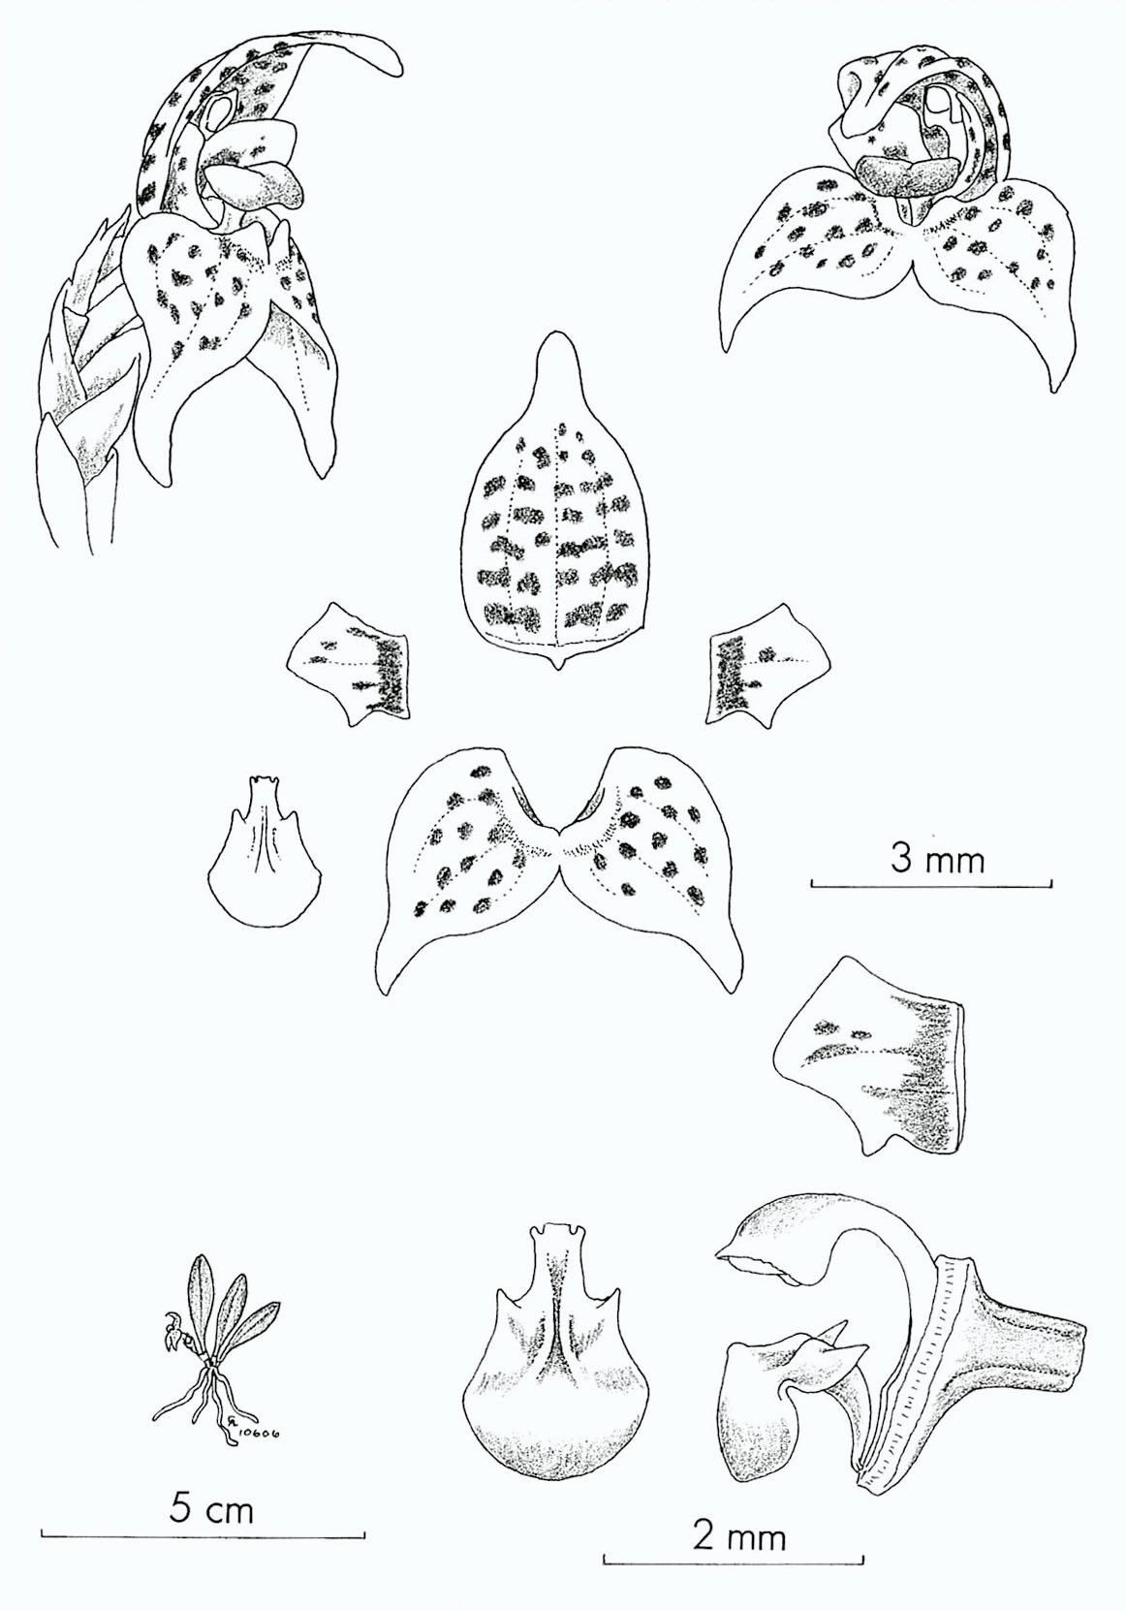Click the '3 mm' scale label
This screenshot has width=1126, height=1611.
937,860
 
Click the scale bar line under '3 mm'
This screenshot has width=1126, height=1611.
931,883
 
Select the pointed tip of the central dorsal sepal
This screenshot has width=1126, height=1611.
553,333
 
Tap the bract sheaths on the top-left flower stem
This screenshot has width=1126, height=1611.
86,374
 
